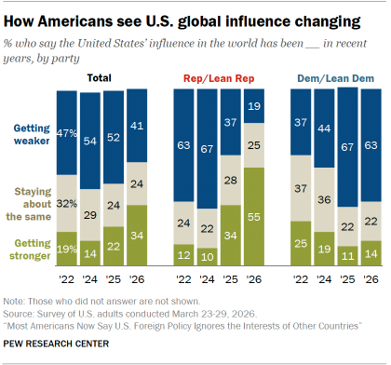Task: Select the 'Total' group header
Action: [101, 79]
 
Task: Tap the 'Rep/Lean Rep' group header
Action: [218, 79]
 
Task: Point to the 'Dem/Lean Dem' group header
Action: [333, 79]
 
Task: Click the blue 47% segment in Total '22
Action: [67, 133]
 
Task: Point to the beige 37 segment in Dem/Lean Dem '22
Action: [300, 189]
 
